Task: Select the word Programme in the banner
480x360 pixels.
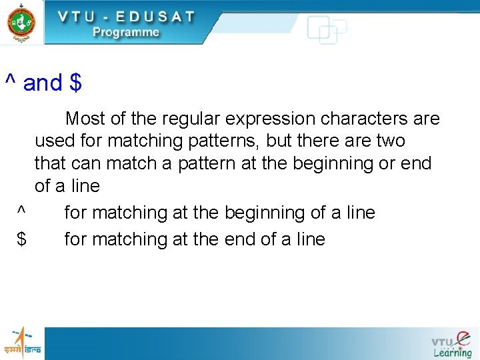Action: (x=126, y=32)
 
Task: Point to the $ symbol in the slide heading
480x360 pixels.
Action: (x=75, y=83)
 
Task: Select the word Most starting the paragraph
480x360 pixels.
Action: (x=85, y=119)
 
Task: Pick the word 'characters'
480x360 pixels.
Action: (x=364, y=119)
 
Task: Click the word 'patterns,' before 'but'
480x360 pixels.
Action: (x=228, y=141)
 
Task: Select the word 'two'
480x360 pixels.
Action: (x=390, y=141)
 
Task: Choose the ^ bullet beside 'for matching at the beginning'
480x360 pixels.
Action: (x=21, y=211)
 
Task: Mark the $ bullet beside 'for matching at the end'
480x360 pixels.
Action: (x=21, y=239)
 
